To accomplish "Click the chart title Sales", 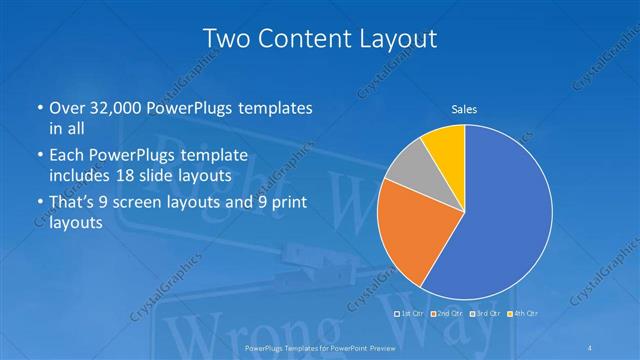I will click(464, 108).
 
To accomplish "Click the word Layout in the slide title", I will click(394, 39).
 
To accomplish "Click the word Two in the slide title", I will click(225, 39).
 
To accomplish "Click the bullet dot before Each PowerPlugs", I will click(40, 156).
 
